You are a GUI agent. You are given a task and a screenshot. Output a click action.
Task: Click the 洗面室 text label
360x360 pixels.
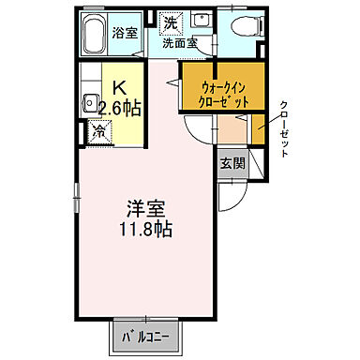[178, 43]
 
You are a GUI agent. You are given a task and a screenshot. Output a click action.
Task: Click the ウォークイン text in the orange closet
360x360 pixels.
[225, 86]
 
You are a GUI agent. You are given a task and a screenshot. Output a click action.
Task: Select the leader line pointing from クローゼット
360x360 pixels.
[271, 118]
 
